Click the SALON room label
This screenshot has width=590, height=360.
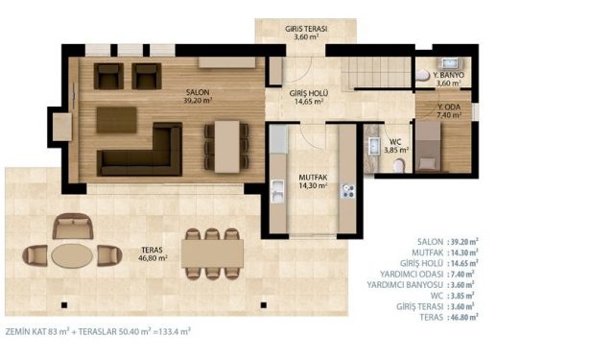click(x=198, y=92)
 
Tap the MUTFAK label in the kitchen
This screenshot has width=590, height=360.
click(x=313, y=178)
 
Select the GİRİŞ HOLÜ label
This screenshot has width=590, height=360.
click(x=309, y=93)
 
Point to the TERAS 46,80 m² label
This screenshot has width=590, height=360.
click(x=153, y=253)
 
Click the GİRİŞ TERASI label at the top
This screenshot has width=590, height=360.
click(x=306, y=29)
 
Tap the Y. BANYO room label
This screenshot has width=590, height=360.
click(x=449, y=75)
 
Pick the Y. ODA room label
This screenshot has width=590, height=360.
click(x=449, y=107)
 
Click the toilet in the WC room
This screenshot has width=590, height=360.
click(x=398, y=165)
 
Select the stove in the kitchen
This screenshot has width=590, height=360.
click(x=347, y=191)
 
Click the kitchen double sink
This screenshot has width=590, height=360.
click(x=277, y=191)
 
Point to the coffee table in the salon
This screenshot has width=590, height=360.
click(x=116, y=120)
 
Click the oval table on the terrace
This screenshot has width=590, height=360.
click(x=72, y=255)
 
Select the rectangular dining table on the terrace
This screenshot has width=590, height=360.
click(x=212, y=253)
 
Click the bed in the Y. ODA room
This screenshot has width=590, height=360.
click(x=428, y=146)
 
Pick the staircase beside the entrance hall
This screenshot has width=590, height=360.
click(x=376, y=73)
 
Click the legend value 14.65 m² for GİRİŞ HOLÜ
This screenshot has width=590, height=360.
click(x=464, y=263)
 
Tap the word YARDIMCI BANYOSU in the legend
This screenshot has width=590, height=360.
click(x=405, y=285)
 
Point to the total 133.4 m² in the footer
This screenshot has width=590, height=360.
click(x=175, y=332)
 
